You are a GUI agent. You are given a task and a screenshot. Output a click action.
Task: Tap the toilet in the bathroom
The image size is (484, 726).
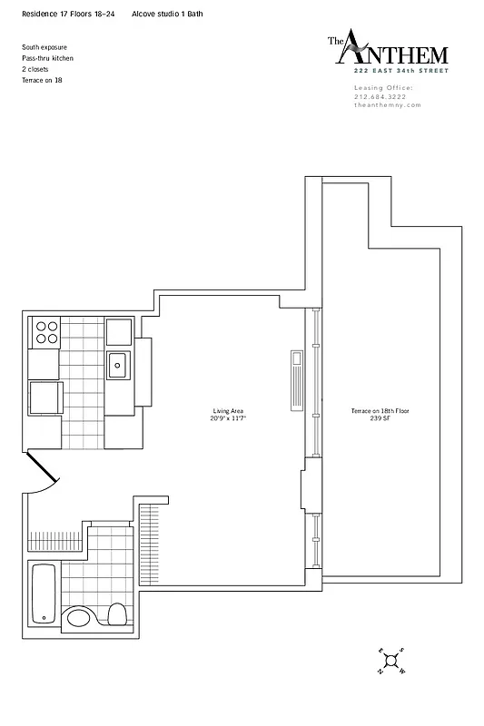[116, 613]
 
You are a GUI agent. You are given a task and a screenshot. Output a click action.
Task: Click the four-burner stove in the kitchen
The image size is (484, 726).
[45, 333]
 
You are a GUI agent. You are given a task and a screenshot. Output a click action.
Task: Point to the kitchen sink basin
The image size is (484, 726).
[117, 365]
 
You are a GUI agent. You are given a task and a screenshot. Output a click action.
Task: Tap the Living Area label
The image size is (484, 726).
[229, 411]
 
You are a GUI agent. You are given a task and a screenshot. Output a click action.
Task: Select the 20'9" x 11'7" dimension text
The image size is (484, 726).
[229, 418]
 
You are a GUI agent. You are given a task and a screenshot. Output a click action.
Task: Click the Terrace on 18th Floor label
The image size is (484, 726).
[380, 411]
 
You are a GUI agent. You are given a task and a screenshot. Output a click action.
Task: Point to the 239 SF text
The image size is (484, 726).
[380, 418]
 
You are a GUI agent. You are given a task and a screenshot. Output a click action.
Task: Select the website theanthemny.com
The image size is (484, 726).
[387, 105]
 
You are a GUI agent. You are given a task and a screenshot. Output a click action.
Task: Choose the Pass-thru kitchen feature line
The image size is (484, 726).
[47, 58]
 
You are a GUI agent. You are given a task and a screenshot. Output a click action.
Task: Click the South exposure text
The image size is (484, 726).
[44, 47]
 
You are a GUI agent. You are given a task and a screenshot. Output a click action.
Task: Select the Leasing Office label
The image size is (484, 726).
[383, 87]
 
